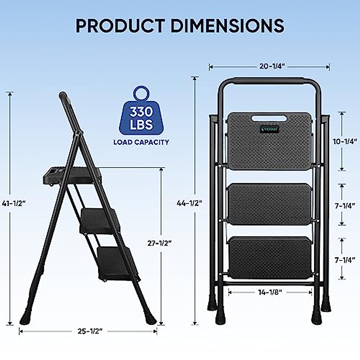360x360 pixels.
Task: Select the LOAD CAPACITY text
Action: click(x=141, y=142)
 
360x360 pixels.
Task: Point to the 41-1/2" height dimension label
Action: click(x=13, y=203)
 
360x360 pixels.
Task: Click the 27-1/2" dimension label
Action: click(x=159, y=243)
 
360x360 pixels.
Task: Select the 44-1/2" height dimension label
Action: click(x=189, y=203)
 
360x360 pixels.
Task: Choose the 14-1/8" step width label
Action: click(x=270, y=292)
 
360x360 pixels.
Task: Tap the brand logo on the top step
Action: click(x=269, y=129)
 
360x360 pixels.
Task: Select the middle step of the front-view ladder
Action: click(x=269, y=204)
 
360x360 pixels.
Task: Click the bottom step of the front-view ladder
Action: click(x=269, y=257)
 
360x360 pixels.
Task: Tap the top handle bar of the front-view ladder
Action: click(x=269, y=81)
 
